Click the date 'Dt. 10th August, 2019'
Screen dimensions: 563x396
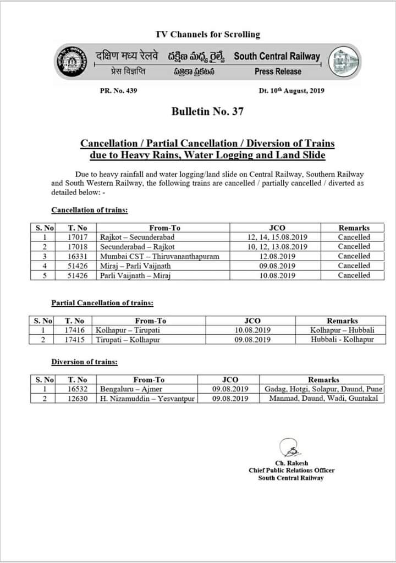tap(291, 91)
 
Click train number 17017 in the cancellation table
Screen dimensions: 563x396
tap(77, 238)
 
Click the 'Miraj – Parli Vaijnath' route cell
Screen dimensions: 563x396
tap(135, 266)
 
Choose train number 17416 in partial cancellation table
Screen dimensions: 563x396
tap(74, 330)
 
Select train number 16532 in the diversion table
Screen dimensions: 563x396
tap(77, 389)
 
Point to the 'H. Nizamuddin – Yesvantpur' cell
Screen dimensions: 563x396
tap(147, 398)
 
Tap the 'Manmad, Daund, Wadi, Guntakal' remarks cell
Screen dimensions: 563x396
tap(323, 398)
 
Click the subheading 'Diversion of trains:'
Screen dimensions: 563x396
tap(84, 362)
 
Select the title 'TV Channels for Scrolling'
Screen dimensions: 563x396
tap(208, 34)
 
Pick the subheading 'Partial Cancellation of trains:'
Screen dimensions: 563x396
tap(102, 303)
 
